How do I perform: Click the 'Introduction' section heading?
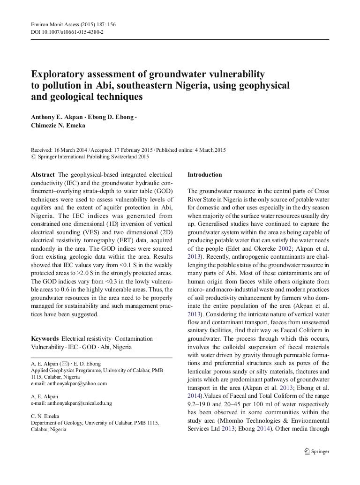click(x=204, y=175)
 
